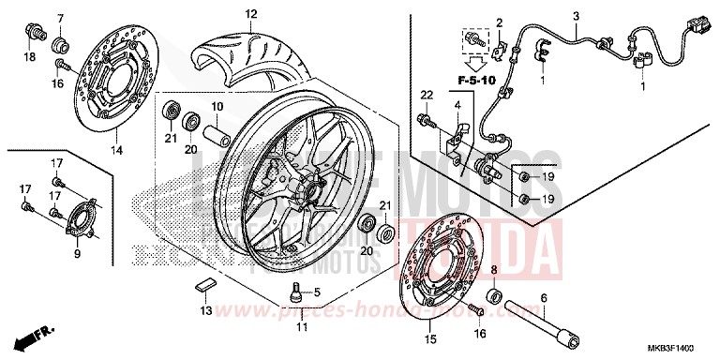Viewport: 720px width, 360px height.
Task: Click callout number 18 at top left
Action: pos(29,57)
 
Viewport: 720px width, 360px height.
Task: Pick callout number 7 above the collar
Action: pos(61,19)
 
